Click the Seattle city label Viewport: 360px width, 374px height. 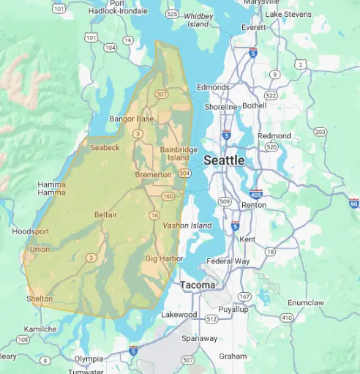[x=224, y=160]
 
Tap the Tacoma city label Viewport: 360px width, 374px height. [x=198, y=285]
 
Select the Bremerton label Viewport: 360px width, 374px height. [x=153, y=175]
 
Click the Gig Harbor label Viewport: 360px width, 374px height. [x=161, y=259]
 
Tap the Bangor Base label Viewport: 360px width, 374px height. [x=132, y=119]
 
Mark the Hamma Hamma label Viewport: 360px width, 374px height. [x=50, y=189]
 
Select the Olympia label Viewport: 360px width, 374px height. [x=89, y=359]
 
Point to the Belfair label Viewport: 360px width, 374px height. [x=105, y=214]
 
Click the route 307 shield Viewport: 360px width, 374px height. [x=161, y=94]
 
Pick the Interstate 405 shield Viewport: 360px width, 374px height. [x=255, y=194]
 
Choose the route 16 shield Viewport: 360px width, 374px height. [x=154, y=214]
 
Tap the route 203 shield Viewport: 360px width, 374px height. [x=320, y=132]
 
